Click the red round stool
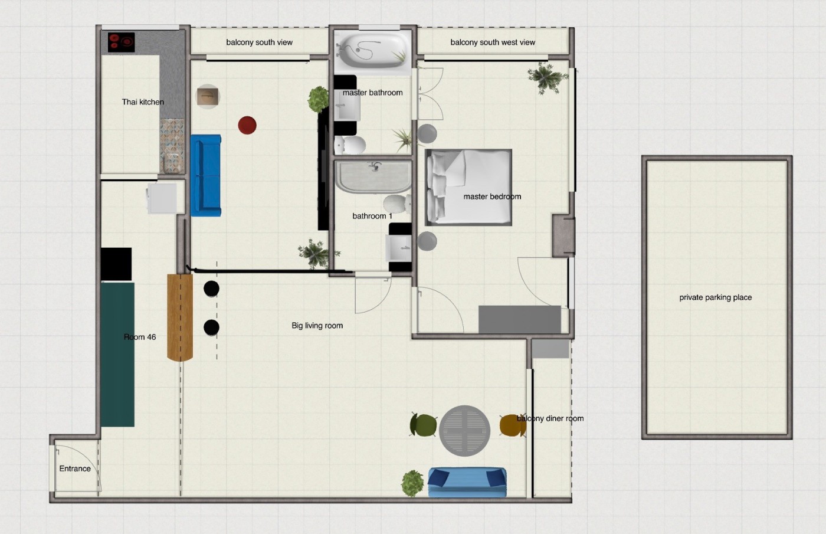click(x=247, y=125)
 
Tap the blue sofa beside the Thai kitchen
click(x=206, y=176)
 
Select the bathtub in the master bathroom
click(x=372, y=52)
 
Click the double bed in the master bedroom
click(x=468, y=187)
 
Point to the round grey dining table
click(x=465, y=431)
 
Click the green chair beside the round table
click(x=424, y=425)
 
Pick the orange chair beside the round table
click(x=513, y=425)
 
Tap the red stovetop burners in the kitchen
click(x=122, y=42)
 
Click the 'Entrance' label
click(x=75, y=469)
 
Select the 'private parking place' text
click(x=715, y=297)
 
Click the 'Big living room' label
click(x=317, y=326)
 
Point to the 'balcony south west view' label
click(x=493, y=42)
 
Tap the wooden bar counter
click(x=180, y=317)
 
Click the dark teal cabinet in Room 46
click(x=117, y=355)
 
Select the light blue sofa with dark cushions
click(x=467, y=483)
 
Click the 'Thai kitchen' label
click(x=143, y=101)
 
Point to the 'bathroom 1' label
click(x=372, y=216)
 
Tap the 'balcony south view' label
click(x=259, y=42)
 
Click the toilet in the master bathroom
click(x=350, y=145)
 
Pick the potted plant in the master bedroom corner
click(x=548, y=78)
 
